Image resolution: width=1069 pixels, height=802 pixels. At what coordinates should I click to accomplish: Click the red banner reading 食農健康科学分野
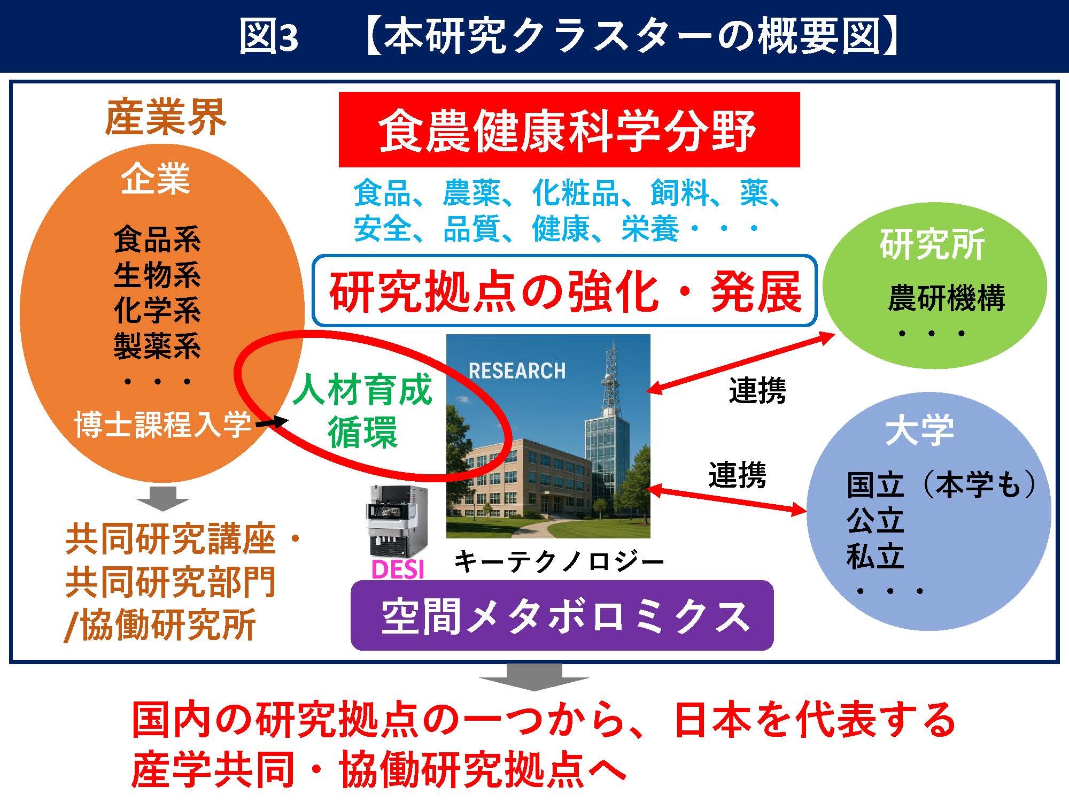[x=569, y=129]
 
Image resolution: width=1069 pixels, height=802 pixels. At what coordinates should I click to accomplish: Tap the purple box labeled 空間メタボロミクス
[x=562, y=615]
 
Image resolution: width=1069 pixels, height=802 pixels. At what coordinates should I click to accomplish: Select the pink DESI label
[x=398, y=569]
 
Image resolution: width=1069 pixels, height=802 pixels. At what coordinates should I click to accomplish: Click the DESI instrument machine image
[x=397, y=521]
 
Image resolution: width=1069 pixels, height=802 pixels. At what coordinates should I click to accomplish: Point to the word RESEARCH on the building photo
[x=517, y=371]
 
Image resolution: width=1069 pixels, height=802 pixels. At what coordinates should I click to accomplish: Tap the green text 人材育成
[x=362, y=390]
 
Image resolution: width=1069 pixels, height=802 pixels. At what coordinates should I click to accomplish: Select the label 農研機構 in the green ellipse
[x=947, y=298]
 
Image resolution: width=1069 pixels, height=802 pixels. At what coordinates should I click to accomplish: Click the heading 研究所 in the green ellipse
[x=932, y=245]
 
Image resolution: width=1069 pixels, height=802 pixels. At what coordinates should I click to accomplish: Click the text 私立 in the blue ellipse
[x=875, y=557]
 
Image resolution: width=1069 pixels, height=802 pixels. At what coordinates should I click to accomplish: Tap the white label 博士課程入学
[x=163, y=425]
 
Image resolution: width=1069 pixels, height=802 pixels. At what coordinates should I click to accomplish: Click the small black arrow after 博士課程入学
[x=272, y=423]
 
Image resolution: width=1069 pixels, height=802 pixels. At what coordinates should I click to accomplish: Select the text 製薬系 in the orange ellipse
[x=157, y=345]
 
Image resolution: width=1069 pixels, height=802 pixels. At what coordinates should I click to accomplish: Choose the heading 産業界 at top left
[x=166, y=118]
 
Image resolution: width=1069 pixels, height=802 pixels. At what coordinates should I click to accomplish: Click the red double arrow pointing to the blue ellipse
[x=727, y=500]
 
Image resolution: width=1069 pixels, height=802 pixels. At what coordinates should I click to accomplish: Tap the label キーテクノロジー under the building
[x=559, y=562]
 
